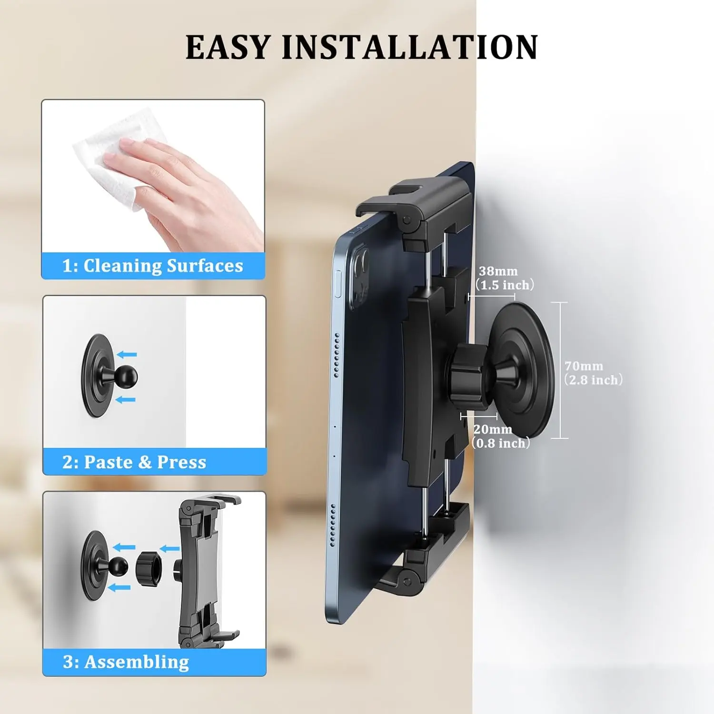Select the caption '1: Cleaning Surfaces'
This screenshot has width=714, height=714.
click(152, 266)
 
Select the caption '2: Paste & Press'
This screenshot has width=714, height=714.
click(134, 462)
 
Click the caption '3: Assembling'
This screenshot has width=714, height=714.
click(126, 662)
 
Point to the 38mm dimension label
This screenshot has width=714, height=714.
click(498, 271)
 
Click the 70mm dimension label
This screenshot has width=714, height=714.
click(584, 366)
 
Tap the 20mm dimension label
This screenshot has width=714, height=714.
click(493, 429)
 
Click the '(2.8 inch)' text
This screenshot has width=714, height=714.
click(594, 380)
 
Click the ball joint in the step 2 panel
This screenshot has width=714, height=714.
click(125, 376)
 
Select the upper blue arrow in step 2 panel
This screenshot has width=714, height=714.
click(127, 354)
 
